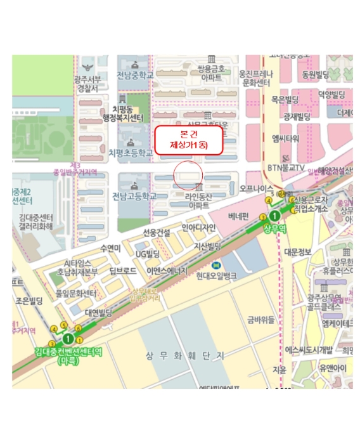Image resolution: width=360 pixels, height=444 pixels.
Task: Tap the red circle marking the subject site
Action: coord(188,174)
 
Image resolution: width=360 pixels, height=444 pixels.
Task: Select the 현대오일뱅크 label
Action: coord(215,276)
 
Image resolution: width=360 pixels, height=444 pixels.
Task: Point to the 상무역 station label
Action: coord(276,227)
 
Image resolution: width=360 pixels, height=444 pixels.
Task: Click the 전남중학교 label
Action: coord(135,77)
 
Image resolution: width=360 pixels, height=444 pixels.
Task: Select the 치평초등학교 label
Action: coord(131,153)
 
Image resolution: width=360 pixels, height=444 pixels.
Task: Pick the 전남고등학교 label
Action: coord(134,196)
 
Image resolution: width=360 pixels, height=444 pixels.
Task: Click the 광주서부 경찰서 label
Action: coord(86,84)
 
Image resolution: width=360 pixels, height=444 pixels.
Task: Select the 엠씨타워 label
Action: coord(285,138)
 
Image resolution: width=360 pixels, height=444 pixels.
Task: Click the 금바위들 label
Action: coord(260,320)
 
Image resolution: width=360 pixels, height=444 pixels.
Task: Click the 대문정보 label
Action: coord(297,252)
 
